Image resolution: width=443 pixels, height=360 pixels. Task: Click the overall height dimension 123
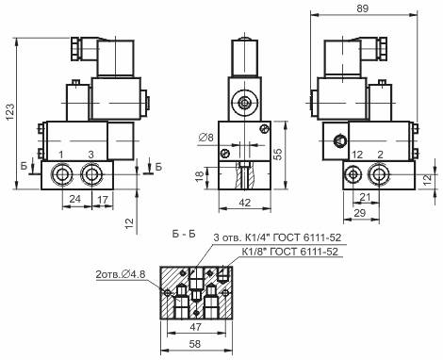pos(10,112)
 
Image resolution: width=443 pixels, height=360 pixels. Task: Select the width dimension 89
pos(362,8)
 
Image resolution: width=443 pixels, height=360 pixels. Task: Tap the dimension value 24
pos(74,199)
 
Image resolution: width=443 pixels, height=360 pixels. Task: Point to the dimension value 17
pos(103,200)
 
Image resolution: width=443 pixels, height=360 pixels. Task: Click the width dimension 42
pos(244,203)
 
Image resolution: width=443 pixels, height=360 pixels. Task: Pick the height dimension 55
pos(278,154)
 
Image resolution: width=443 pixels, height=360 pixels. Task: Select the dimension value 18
pos(200,176)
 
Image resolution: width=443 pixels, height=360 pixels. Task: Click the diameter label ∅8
pos(206,138)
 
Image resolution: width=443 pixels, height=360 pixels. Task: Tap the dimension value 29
pos(360,213)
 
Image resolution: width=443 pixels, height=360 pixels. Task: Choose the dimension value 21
pos(365,197)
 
